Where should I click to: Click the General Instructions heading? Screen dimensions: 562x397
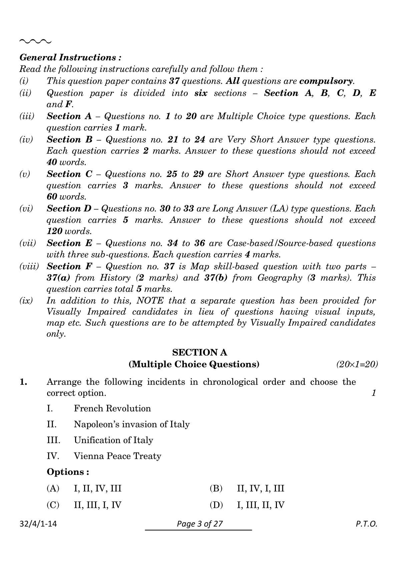click(x=70, y=57)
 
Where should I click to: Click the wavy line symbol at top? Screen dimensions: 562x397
click(x=35, y=42)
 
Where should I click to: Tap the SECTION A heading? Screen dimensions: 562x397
click(x=200, y=352)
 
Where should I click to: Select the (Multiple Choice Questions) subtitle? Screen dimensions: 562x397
click(x=194, y=364)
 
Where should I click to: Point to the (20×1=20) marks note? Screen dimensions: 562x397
click(x=357, y=364)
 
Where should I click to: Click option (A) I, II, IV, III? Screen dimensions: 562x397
click(x=84, y=489)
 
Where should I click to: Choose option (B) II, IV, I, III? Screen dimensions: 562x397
click(x=247, y=489)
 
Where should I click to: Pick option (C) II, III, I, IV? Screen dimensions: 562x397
click(x=84, y=505)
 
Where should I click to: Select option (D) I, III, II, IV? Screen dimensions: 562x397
click(x=247, y=505)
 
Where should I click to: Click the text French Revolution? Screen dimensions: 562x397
click(x=112, y=408)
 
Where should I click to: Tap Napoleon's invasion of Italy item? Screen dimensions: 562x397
click(x=131, y=424)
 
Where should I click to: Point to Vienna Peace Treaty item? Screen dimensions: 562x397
click(x=117, y=456)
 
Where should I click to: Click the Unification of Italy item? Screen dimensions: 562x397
click(x=113, y=440)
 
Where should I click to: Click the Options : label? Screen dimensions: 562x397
click(x=68, y=472)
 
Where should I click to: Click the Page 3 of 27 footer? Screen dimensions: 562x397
click(x=200, y=524)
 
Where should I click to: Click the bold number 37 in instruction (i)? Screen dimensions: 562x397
click(x=174, y=81)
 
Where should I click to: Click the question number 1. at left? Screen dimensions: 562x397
click(x=23, y=382)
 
